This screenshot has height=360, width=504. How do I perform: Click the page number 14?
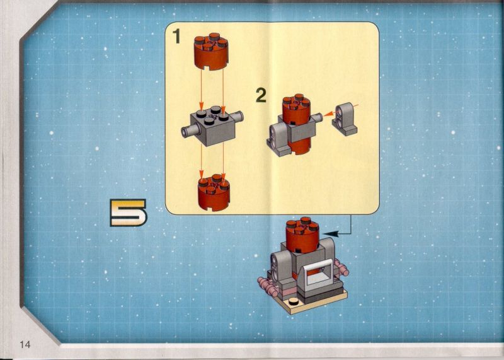pyautogui.click(x=25, y=345)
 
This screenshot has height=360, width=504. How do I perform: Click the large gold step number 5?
pyautogui.click(x=128, y=212)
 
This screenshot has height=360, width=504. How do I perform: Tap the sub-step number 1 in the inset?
pyautogui.click(x=176, y=36)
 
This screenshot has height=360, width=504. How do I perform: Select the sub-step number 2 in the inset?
pyautogui.click(x=261, y=96)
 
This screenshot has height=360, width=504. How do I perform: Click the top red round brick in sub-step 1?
pyautogui.click(x=211, y=51)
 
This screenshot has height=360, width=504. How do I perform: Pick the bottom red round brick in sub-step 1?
pyautogui.click(x=214, y=193)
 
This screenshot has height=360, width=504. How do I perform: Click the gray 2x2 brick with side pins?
pyautogui.click(x=212, y=125)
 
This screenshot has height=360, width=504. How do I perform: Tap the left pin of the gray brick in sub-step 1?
pyautogui.click(x=190, y=131)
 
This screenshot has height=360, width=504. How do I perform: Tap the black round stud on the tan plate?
pyautogui.click(x=293, y=301)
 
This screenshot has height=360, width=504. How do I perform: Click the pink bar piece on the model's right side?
pyautogui.click(x=341, y=269)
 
